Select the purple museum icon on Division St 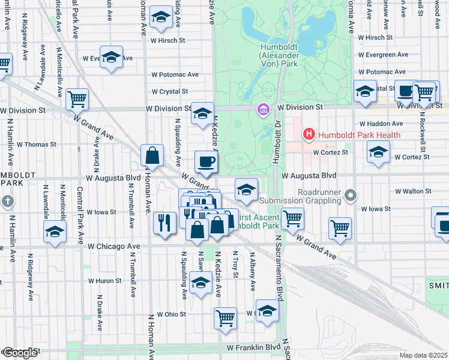click(x=262, y=110)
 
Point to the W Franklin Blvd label click(x=254, y=347)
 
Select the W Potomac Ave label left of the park click(x=175, y=75)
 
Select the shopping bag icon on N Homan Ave click(x=153, y=155)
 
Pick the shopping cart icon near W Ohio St click(x=226, y=317)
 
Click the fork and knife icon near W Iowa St click(x=164, y=223)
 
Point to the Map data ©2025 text click(x=423, y=355)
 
